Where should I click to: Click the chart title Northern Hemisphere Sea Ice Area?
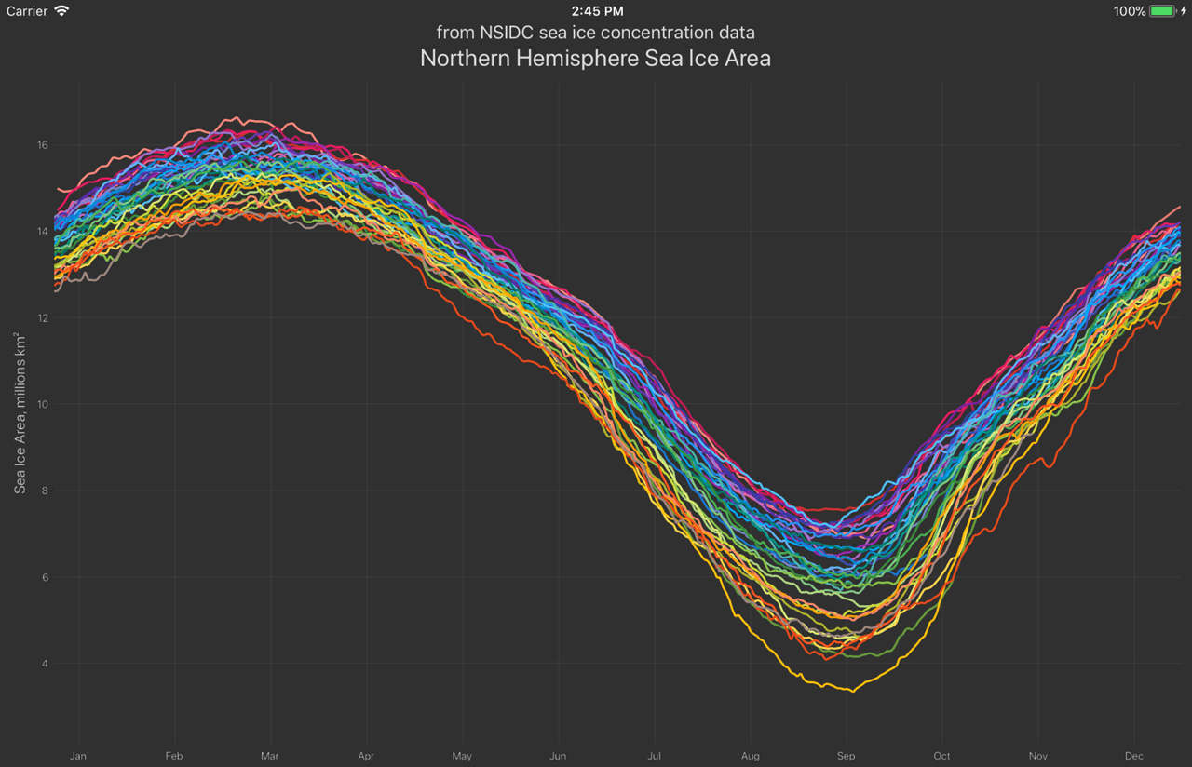tap(595, 59)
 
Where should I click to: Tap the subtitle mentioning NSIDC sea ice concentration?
tap(595, 33)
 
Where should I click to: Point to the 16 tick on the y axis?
tap(43, 145)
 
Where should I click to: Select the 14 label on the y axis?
tap(43, 232)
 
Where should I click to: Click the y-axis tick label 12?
tap(43, 318)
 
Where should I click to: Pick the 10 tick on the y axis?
tap(43, 404)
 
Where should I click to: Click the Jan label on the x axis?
tap(78, 756)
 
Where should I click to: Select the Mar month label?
tap(270, 756)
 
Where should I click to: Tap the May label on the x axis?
tap(462, 756)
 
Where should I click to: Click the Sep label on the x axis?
tap(847, 756)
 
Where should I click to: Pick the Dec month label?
tap(1134, 756)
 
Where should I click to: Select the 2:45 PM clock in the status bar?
tap(597, 11)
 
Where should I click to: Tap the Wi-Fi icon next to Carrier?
tap(61, 11)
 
